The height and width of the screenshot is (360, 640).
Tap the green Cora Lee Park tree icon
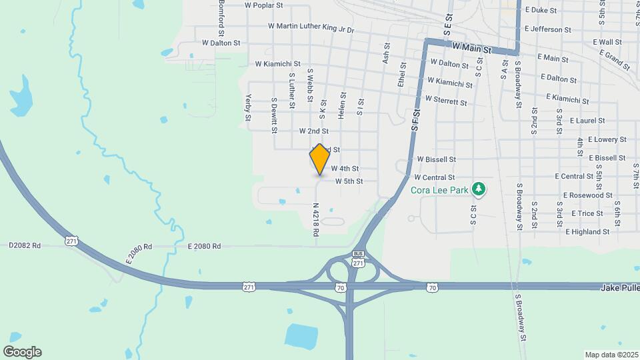[479, 189]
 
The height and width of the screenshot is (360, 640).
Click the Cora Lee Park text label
[440, 190]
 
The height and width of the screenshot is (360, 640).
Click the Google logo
[22, 352]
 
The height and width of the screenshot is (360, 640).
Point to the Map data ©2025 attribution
[611, 354]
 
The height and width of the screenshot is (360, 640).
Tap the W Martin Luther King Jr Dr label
[311, 27]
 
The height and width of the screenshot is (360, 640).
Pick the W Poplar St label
[264, 5]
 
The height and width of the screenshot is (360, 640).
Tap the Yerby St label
[247, 107]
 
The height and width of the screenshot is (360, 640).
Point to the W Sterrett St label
[441, 102]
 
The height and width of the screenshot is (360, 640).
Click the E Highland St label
[587, 232]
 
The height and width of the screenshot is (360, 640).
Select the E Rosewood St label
[587, 195]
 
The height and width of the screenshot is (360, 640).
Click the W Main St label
[471, 49]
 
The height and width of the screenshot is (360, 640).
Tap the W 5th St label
[349, 181]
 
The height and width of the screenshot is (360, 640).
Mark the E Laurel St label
[582, 121]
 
